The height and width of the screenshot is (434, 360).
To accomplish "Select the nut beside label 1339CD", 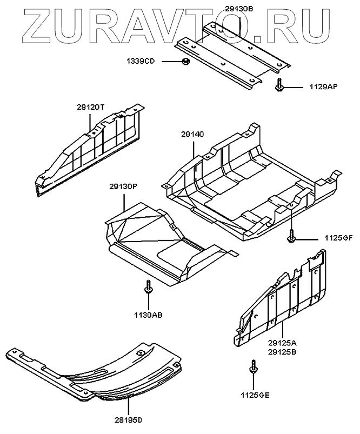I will (x=185, y=61).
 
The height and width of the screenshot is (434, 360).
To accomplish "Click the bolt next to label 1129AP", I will (x=278, y=85).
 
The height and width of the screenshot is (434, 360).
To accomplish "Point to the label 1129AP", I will (x=323, y=86).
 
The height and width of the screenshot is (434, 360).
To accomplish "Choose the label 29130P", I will (x=124, y=186).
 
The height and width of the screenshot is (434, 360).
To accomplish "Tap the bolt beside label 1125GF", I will (x=291, y=236).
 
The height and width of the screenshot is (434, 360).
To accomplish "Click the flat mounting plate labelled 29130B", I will (x=232, y=54).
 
